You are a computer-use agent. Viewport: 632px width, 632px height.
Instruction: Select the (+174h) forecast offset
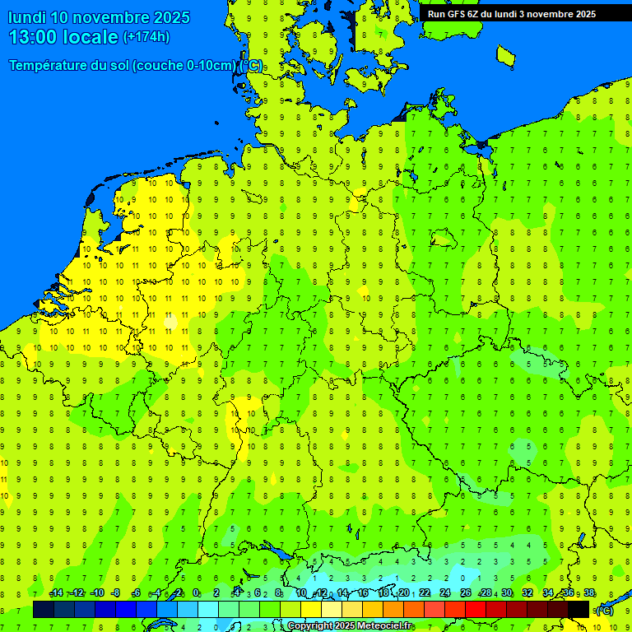146,37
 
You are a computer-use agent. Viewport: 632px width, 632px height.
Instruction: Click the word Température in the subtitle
68,66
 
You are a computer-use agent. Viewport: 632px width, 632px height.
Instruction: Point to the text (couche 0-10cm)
184,66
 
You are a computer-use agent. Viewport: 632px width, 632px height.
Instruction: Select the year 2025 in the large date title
172,17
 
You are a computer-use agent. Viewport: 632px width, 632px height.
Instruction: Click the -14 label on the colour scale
56,593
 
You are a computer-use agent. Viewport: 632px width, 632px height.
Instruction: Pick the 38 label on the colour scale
589,593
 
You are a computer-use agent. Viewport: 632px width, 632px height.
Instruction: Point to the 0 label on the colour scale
196,593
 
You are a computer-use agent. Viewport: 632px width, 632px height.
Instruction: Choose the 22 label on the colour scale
425,593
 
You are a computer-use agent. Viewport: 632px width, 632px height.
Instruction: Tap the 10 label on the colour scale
301,593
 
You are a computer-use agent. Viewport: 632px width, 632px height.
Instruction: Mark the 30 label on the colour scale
507,593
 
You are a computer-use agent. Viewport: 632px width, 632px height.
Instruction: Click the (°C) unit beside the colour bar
604,610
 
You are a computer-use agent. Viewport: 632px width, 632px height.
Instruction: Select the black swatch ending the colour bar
579,609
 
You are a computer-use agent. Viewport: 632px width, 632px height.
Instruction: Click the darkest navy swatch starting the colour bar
43,609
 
